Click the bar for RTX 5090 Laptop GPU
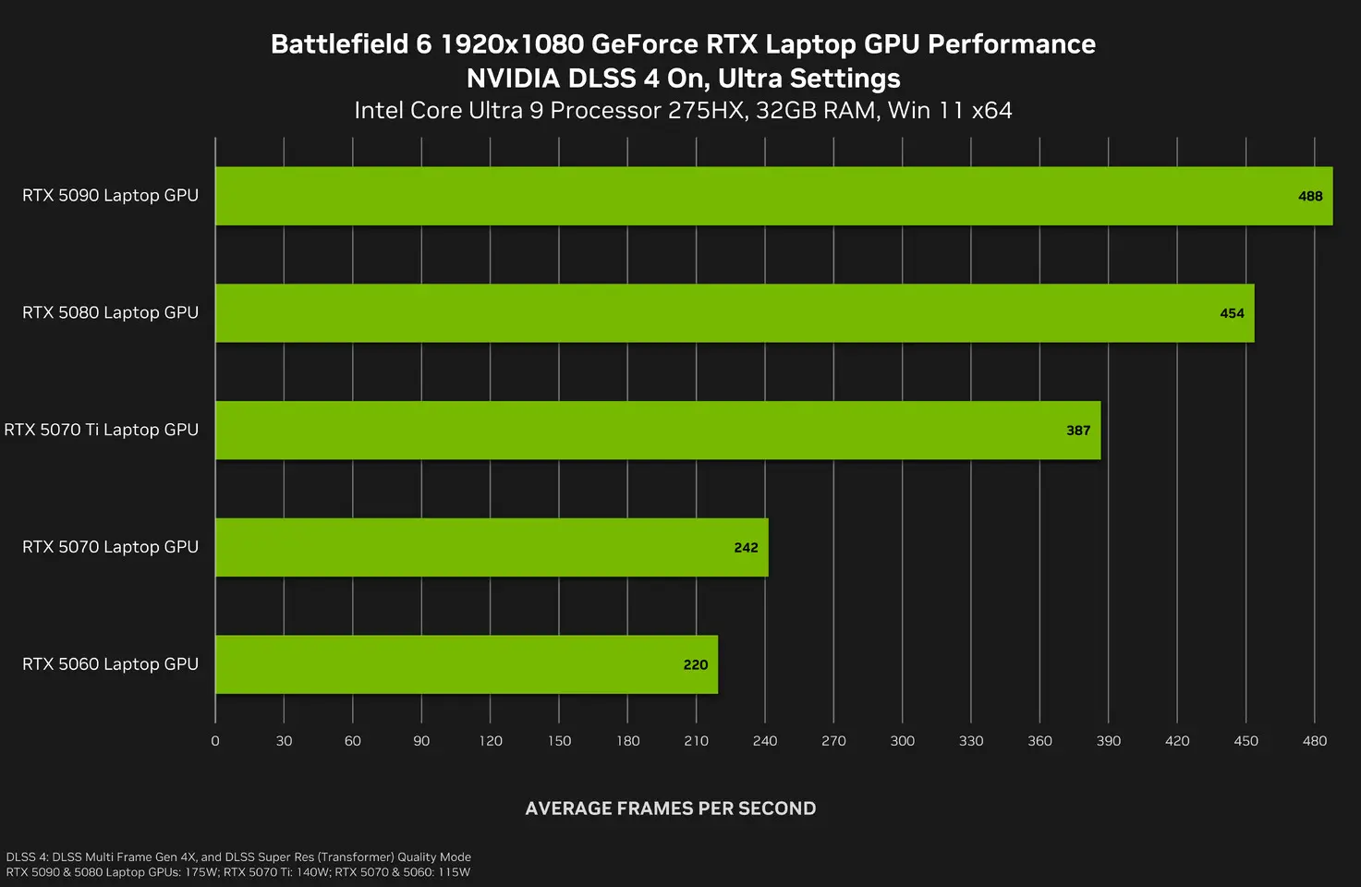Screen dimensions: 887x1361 coord(773,196)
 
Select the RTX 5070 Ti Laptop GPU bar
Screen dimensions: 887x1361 coord(658,431)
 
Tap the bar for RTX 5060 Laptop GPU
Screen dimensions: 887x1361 coord(467,664)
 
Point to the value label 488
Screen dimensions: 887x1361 coord(1310,196)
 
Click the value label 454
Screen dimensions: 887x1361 coord(1232,313)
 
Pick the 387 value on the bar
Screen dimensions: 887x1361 coord(1078,431)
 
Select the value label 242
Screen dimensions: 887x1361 coord(746,548)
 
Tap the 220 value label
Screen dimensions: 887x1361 coord(696,665)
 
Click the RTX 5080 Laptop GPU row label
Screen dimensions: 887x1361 coord(110,312)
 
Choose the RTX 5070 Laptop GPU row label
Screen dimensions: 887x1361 coord(110,547)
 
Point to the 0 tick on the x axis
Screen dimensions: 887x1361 coord(215,741)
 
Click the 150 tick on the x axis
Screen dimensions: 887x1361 coord(559,741)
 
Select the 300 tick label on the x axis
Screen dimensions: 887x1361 coord(902,741)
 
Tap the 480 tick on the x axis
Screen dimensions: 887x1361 coord(1315,741)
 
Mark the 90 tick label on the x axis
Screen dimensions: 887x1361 coord(421,741)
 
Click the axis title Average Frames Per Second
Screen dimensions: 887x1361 coord(670,808)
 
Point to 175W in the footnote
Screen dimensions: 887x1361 coord(201,872)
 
